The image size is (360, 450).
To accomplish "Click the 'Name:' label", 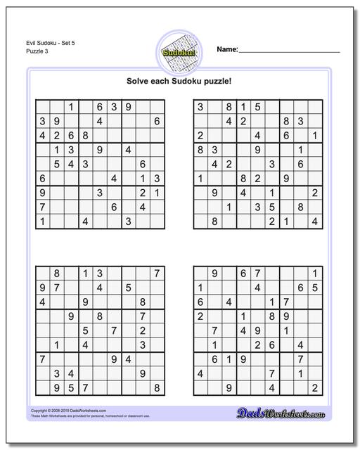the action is [228, 50].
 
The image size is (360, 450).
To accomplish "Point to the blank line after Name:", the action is [290, 51].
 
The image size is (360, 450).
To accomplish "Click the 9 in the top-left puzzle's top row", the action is [129, 107].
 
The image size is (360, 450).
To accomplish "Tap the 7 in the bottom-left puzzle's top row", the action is [157, 273].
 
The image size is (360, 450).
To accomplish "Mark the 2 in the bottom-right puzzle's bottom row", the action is [315, 387].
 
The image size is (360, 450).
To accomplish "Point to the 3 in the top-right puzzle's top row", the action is [200, 107].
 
